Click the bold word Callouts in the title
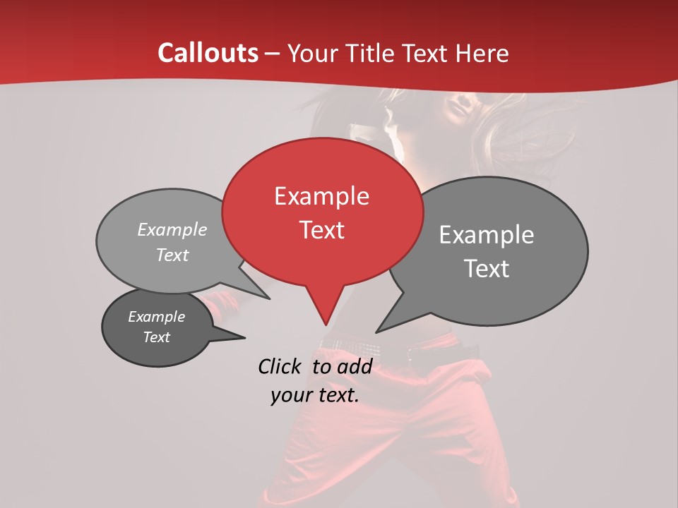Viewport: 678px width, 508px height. (x=208, y=53)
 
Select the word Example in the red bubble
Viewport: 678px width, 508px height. (x=321, y=196)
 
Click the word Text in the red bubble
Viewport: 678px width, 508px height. (x=321, y=230)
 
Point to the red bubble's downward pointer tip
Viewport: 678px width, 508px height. (x=326, y=325)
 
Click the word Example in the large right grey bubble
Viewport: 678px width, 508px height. (x=487, y=235)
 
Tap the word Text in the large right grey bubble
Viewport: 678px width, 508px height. (x=487, y=269)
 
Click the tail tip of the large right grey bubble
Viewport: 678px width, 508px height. (x=376, y=332)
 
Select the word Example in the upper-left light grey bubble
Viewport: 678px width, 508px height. (x=172, y=230)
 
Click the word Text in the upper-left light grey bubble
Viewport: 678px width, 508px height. (x=172, y=255)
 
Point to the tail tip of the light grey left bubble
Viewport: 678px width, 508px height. (x=270, y=298)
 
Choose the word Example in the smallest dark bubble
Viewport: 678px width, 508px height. (x=156, y=317)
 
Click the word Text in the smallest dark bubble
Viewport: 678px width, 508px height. (x=156, y=337)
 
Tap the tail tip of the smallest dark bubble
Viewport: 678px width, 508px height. (x=244, y=338)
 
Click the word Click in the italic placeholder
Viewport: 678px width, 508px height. (x=279, y=366)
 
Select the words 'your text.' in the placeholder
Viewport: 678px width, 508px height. (x=315, y=395)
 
